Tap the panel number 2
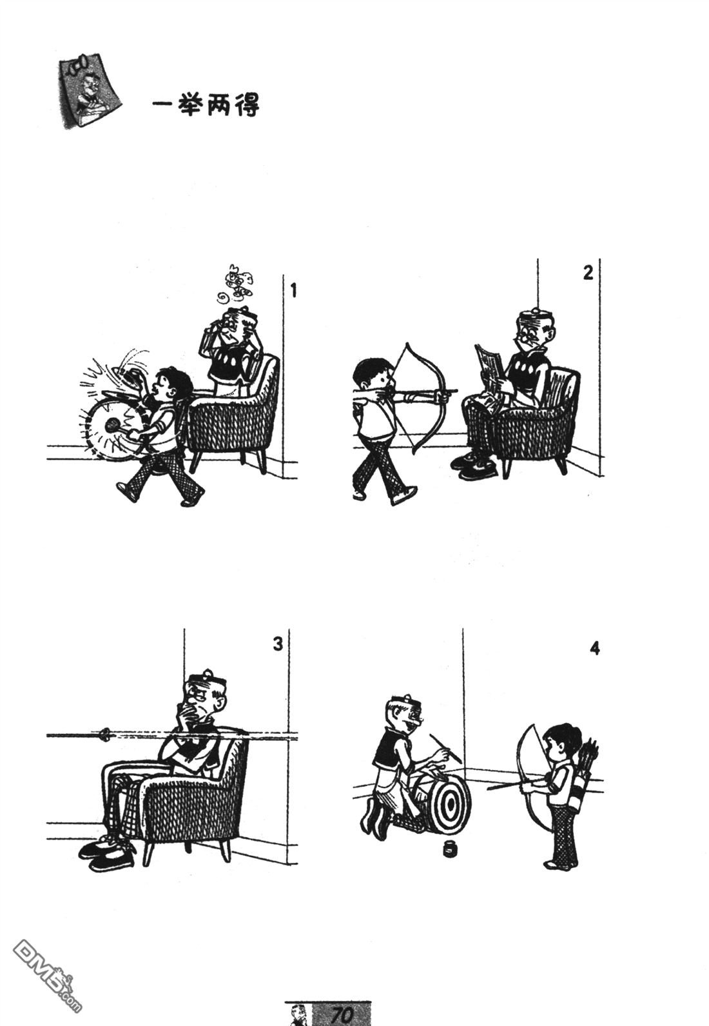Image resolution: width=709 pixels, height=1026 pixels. click(x=588, y=273)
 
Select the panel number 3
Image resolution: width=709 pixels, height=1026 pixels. click(x=278, y=644)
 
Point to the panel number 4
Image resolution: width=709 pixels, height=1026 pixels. click(x=594, y=648)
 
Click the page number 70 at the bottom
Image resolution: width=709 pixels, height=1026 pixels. click(x=342, y=1014)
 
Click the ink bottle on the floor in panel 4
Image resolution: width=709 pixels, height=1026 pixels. click(x=450, y=848)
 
